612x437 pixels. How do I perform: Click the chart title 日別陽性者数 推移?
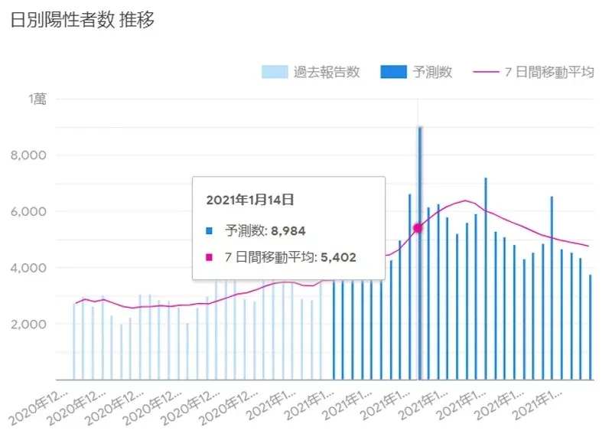pos(82,21)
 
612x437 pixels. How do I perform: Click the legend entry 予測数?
pos(433,73)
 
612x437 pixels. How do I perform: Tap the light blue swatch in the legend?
pos(275,73)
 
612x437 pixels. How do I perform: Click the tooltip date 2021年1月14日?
pos(250,200)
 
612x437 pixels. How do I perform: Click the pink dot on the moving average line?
pos(418,227)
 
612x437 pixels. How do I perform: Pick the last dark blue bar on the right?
pos(591,328)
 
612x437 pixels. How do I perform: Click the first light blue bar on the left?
pos(74,341)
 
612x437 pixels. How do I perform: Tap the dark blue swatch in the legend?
pos(392,73)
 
